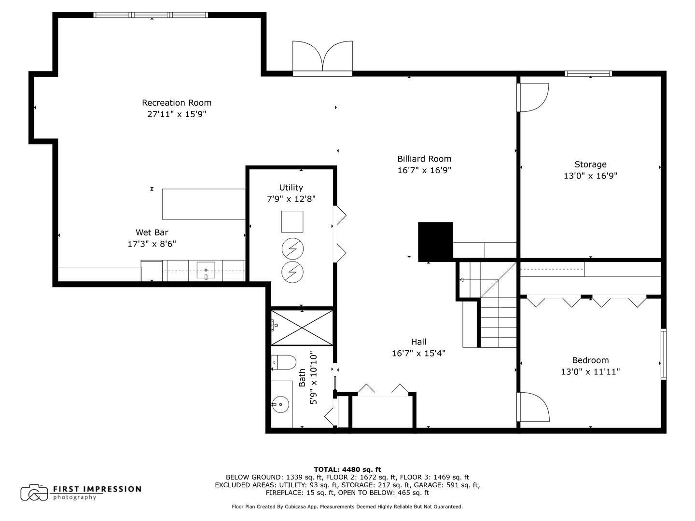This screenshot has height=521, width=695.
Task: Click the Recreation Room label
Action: coord(177,103)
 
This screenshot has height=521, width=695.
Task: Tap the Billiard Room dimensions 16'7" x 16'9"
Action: coord(424,170)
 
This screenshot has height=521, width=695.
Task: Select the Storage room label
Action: coord(590,165)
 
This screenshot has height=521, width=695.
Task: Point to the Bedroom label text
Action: coord(590,360)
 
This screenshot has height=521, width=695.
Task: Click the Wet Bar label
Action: coord(152,233)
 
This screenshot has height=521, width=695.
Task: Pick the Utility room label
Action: coord(291,188)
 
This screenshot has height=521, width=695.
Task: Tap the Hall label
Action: coord(418,342)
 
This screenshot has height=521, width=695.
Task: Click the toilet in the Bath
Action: coord(283,362)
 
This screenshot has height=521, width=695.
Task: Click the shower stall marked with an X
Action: coord(302,328)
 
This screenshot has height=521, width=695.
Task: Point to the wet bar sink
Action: coord(206,271)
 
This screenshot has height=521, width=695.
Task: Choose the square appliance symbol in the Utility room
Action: coord(292,222)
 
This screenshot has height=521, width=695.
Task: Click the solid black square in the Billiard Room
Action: coord(435,241)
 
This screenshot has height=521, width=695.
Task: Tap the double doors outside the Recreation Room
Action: coord(322,58)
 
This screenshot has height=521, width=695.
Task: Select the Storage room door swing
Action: coord(533,97)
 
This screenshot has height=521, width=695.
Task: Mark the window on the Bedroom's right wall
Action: coord(664,354)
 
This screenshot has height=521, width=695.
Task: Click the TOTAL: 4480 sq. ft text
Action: coord(347,469)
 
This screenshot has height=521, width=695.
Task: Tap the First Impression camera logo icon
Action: coord(34,493)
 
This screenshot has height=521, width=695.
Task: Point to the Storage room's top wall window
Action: coord(588,74)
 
